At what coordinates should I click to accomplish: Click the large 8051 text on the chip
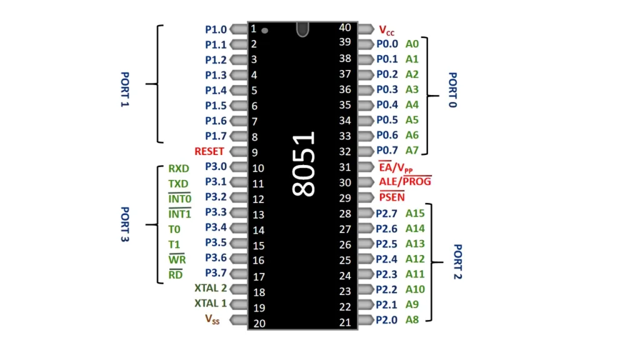[x=304, y=164]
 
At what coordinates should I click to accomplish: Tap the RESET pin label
[x=209, y=151]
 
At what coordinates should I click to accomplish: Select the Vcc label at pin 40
[x=387, y=29]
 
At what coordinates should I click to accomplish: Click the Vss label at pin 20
[x=212, y=319]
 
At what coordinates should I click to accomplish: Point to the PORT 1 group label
[x=124, y=89]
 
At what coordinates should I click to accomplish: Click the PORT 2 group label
[x=457, y=261]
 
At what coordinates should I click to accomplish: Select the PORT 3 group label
[x=124, y=225]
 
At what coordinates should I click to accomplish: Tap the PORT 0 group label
[x=452, y=89]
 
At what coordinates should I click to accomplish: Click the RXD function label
[x=178, y=169]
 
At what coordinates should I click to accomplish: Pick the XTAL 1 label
[x=211, y=304]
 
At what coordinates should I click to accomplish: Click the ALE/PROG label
[x=405, y=181]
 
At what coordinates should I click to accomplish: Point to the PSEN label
[x=392, y=197]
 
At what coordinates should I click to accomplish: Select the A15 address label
[x=415, y=213]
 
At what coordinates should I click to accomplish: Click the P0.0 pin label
[x=387, y=44]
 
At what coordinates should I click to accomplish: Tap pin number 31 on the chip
[x=345, y=167]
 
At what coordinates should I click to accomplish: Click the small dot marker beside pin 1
[x=265, y=30]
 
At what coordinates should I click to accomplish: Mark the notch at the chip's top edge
[x=302, y=29]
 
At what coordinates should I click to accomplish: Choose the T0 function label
[x=174, y=229]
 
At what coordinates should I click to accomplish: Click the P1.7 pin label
[x=216, y=136]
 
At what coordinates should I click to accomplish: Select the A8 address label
[x=412, y=319]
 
